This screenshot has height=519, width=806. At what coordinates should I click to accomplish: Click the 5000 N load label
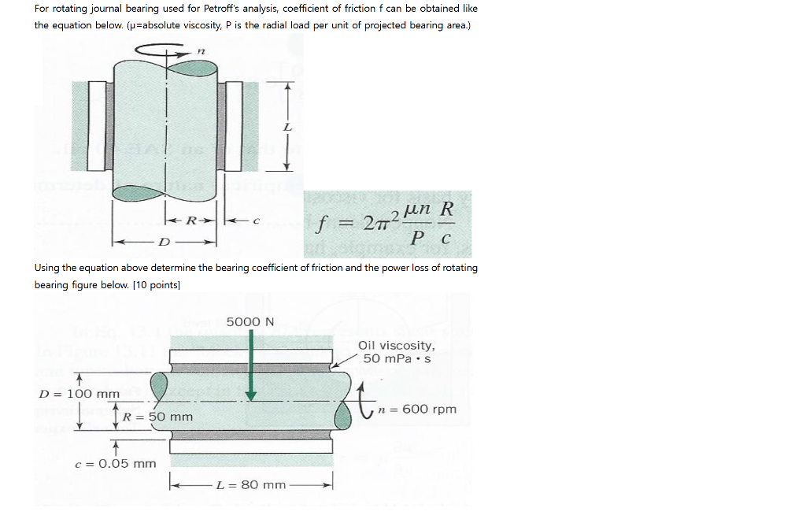(250, 321)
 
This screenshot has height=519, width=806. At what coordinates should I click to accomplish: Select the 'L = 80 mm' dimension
(252, 484)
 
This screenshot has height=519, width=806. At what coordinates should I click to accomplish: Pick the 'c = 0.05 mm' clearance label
(115, 463)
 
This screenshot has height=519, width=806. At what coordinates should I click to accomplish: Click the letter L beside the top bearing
(287, 127)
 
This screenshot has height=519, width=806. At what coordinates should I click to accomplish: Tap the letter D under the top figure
(164, 239)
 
